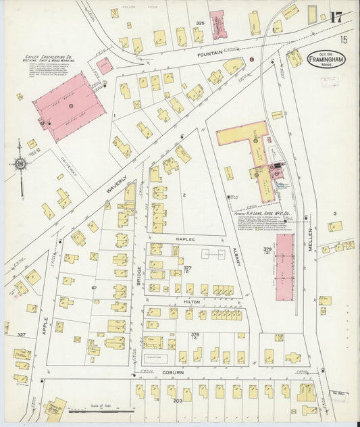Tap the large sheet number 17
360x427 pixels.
point(335,18)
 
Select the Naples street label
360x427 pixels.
point(184,239)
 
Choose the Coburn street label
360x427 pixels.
point(173,372)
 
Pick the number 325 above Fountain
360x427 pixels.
point(200,24)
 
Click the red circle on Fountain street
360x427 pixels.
point(251,59)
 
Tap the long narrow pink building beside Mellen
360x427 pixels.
point(284,267)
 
